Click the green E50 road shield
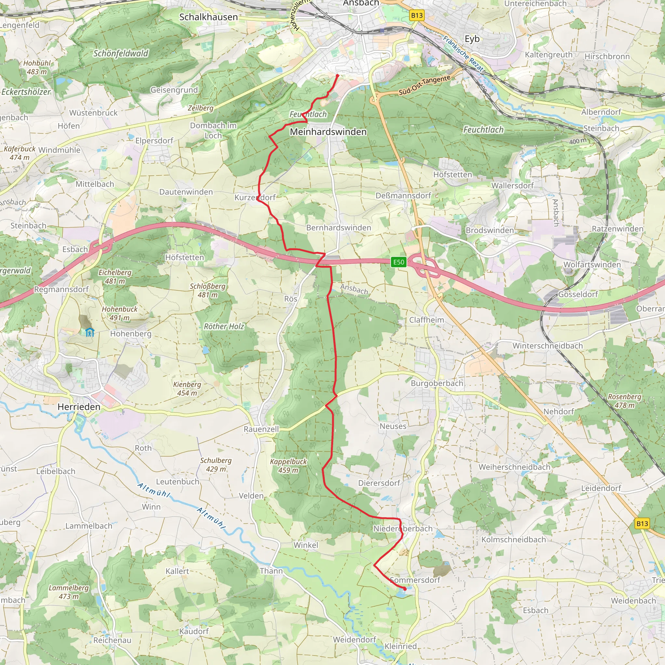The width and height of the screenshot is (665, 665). point(399,262)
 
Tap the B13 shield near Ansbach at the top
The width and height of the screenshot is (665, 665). point(417,15)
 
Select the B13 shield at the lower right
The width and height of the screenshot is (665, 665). point(642,523)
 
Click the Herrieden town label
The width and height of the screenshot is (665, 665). point(79,407)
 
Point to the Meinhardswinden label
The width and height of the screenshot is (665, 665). point(328,132)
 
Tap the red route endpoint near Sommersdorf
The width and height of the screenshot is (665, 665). point(405,589)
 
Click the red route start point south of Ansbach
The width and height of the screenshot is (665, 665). point(337,76)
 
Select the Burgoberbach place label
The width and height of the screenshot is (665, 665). point(437,383)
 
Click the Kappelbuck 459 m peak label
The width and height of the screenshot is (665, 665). point(288,466)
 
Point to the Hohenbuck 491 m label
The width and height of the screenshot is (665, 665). point(119,313)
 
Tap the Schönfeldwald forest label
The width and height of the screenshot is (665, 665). point(121,53)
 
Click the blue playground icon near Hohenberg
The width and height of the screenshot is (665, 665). point(90,332)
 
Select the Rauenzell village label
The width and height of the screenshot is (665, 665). point(261,429)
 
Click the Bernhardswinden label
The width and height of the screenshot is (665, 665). point(339,228)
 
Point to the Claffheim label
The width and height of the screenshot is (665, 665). point(426,320)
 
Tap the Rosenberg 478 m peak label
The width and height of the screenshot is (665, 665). point(624,401)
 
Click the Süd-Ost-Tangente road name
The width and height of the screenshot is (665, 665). point(424,85)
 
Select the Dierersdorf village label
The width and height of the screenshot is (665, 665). point(379,483)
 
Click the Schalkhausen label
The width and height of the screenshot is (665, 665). point(208,17)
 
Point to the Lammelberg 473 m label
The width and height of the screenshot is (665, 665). point(69,592)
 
